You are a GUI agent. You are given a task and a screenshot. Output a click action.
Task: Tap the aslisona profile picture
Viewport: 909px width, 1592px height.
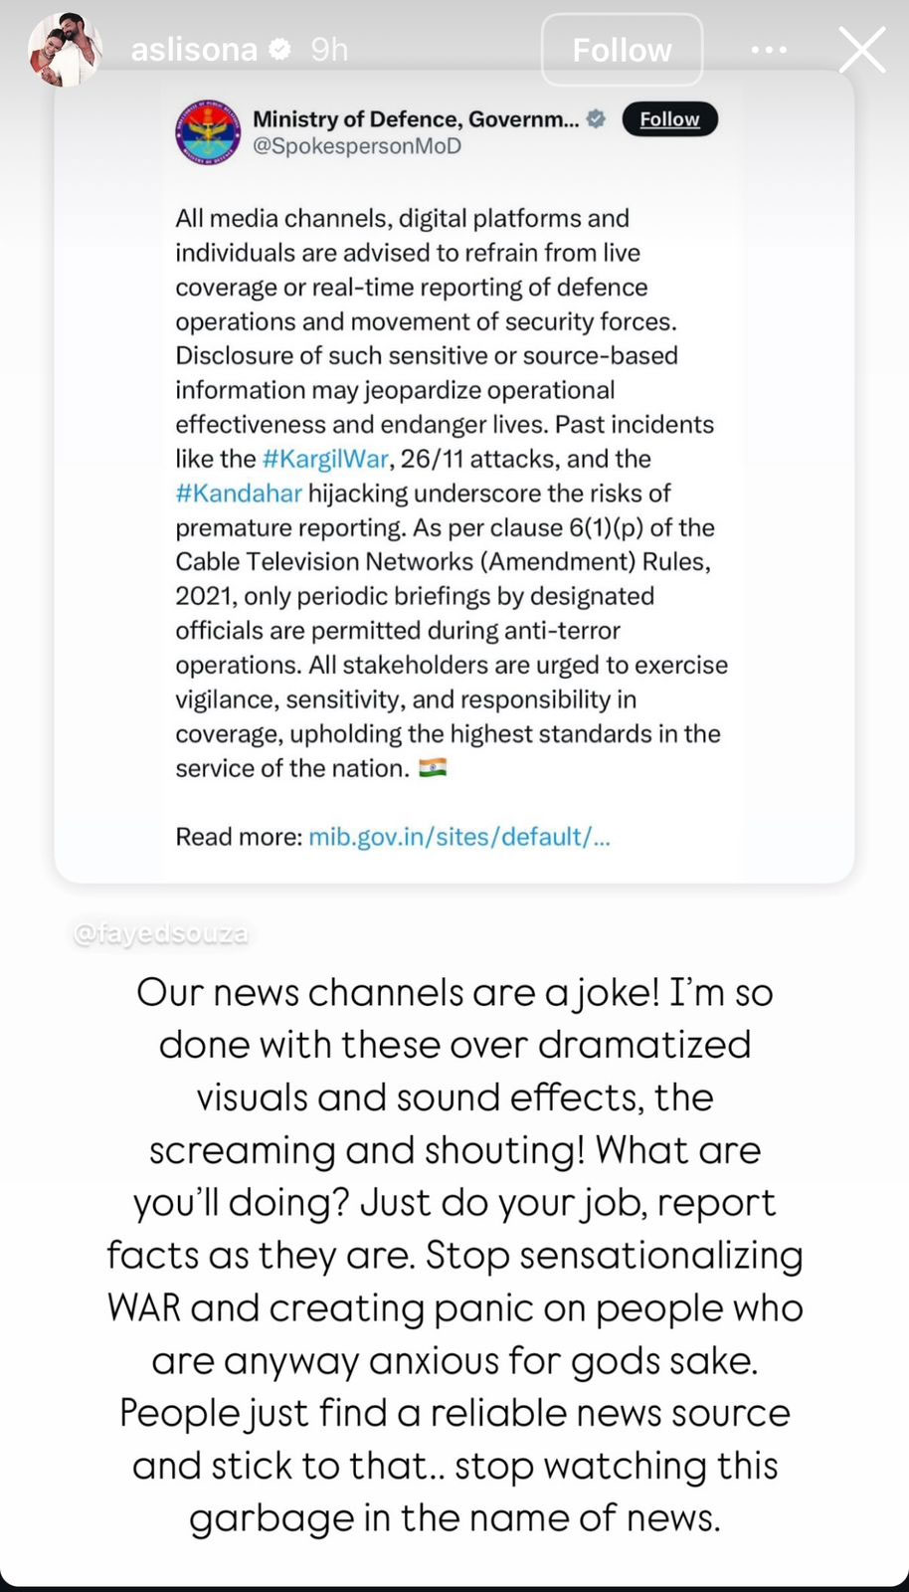pos(65,50)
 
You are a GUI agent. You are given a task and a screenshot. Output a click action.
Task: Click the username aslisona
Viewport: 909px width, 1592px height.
pos(194,50)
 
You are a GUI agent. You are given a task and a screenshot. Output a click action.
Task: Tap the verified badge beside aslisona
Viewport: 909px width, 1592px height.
pos(280,49)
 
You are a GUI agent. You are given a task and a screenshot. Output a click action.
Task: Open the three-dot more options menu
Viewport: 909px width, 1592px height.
pos(769,50)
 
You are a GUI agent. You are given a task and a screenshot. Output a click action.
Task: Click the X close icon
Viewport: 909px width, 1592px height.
pos(861,50)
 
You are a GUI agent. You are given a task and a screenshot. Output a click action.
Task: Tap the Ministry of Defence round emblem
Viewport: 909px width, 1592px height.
pos(208,131)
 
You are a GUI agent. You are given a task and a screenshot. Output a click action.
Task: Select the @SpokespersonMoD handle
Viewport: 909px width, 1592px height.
pos(357,146)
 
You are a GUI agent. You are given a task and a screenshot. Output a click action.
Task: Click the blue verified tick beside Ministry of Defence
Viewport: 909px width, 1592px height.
pos(596,119)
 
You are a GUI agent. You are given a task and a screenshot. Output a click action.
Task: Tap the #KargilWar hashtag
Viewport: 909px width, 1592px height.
pos(325,459)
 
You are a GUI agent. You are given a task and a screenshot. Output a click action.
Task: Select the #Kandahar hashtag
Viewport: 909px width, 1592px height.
pos(239,494)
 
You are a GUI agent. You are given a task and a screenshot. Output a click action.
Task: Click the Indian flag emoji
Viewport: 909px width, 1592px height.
pos(433,768)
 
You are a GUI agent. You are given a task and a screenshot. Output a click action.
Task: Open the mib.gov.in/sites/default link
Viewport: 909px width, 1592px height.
pos(458,837)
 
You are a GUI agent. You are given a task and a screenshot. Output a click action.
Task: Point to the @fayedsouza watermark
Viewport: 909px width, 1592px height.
pos(161,934)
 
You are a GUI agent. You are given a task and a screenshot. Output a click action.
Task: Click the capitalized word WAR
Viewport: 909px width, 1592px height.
pos(144,1308)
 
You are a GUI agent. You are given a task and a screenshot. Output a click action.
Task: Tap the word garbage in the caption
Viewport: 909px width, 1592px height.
pos(272,1518)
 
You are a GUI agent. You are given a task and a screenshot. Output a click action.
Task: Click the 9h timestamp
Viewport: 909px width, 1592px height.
pos(329,50)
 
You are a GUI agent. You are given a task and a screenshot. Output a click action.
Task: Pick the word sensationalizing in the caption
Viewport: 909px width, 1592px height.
pos(661,1256)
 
